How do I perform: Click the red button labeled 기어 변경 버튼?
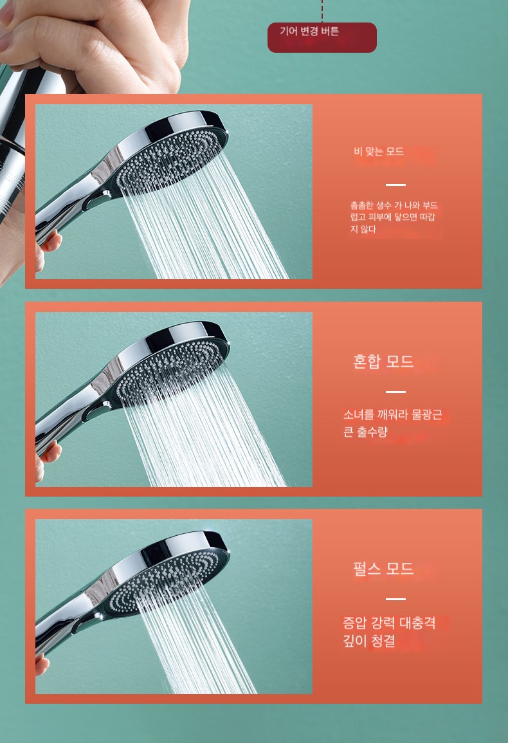(x=322, y=37)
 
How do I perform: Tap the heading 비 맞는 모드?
(x=379, y=151)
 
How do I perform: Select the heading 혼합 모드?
(x=383, y=362)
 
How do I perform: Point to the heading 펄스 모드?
(x=383, y=568)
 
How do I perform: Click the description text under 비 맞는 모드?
(x=394, y=217)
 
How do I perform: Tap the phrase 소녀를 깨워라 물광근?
(x=393, y=415)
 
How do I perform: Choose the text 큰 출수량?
(x=365, y=432)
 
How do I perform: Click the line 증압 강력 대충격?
(x=389, y=623)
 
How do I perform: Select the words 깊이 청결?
(x=368, y=641)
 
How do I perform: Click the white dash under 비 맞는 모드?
(x=395, y=185)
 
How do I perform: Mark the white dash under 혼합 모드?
(x=395, y=392)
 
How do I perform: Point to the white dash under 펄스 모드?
(x=395, y=599)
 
